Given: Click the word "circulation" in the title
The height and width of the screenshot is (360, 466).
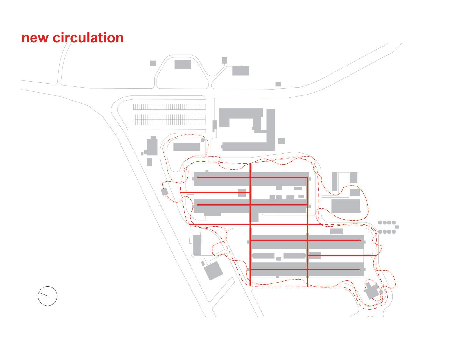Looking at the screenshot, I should (x=88, y=38).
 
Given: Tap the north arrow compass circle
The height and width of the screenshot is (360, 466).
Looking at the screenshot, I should (x=47, y=296).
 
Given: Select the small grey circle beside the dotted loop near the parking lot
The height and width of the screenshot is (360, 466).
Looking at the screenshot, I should (x=202, y=140).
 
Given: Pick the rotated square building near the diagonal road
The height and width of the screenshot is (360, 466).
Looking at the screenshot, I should (x=213, y=270).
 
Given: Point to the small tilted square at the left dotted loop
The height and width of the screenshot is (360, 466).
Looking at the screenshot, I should (x=164, y=192).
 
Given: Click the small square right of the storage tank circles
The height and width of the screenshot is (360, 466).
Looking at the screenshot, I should (x=397, y=227).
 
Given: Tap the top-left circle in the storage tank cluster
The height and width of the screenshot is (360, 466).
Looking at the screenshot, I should (x=380, y=222).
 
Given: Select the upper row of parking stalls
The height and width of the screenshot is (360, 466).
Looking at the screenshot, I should (x=169, y=107).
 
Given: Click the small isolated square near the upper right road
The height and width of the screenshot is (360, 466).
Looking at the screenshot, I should (x=278, y=84).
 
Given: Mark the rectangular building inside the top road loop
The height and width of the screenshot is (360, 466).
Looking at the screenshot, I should (x=183, y=64).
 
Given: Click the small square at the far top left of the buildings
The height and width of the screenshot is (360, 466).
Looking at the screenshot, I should (x=153, y=63).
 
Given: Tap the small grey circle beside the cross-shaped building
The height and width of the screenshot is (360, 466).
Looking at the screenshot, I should (x=381, y=292).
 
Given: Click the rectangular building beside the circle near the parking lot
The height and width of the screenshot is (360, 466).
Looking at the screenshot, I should (x=186, y=147).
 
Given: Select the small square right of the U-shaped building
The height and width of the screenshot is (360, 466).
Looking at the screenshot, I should (x=281, y=141).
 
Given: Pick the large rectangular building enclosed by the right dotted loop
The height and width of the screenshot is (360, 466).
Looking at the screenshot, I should (x=345, y=206).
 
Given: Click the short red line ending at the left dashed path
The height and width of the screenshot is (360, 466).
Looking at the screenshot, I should (x=215, y=193).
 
